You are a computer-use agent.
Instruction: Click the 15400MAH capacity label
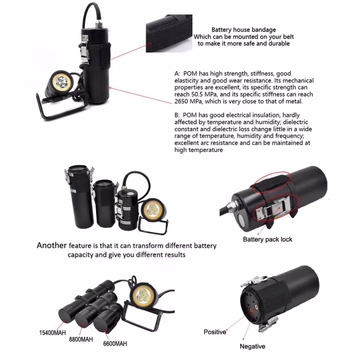pyautogui.click(x=52, y=333)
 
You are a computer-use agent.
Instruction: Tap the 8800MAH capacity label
pyautogui.click(x=81, y=339)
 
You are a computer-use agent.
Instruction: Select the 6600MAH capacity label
pyautogui.click(x=115, y=344)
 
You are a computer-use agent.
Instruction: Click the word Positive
pyautogui.click(x=215, y=332)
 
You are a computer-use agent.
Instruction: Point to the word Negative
pyautogui.click(x=252, y=346)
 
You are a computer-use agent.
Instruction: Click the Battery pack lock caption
pyautogui.click(x=267, y=239)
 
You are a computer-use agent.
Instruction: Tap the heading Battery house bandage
pyautogui.click(x=243, y=30)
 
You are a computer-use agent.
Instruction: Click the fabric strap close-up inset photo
pyautogui.click(x=169, y=33)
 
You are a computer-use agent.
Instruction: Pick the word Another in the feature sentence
pyautogui.click(x=52, y=245)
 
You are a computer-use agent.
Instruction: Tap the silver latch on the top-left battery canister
pyautogui.click(x=85, y=49)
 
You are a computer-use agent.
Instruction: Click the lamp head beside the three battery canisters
pyautogui.click(x=153, y=209)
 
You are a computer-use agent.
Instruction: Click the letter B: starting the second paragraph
pyautogui.click(x=177, y=115)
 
